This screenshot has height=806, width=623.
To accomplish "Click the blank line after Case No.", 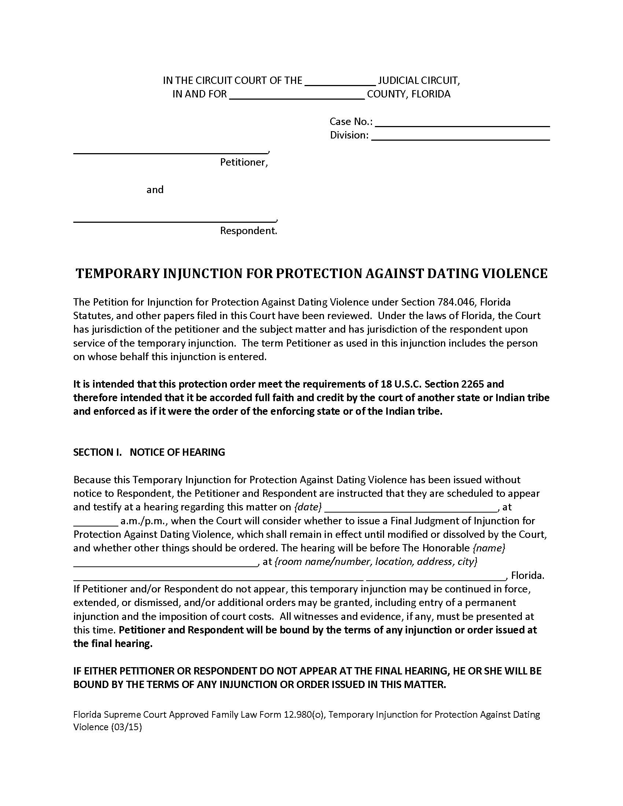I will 462,123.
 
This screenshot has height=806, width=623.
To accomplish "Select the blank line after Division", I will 460,137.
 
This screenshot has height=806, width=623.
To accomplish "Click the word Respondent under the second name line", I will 248,231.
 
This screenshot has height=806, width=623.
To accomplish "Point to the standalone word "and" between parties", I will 155,190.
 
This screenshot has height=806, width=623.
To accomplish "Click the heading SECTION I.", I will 97,452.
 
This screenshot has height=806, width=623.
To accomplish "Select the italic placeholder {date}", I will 308,507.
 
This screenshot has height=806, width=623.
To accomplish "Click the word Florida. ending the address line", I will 527,576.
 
